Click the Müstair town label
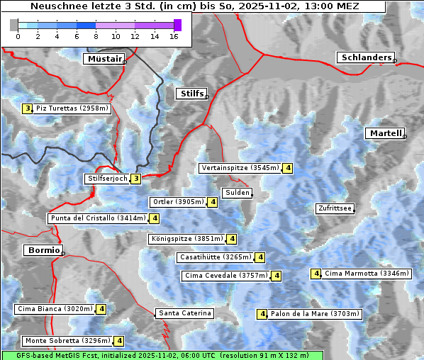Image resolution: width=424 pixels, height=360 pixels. pos(104,59)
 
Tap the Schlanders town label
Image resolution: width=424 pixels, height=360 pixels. pos(365,58)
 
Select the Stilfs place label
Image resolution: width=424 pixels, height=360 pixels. pos(191,94)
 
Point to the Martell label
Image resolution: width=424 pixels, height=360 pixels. pos(385,133)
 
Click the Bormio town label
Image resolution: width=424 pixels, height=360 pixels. pos(43,250)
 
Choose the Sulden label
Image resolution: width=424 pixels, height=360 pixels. pos(237,193)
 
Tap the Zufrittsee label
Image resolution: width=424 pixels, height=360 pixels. pos(335,208)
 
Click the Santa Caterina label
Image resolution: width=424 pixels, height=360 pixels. pos(184,313)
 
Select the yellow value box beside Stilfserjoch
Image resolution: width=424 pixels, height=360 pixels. pos(135,179)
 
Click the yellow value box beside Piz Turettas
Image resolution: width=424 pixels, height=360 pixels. pos(28,108)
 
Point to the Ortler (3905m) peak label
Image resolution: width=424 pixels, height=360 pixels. pos(178,202)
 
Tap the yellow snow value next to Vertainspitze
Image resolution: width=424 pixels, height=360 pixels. pos(288,168)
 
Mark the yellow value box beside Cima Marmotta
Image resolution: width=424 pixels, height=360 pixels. pos(316,274)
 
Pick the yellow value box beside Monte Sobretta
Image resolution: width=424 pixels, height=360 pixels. pos(119,341)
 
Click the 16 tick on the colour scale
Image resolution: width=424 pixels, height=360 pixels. pos(174,36)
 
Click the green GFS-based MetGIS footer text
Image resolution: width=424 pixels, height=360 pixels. pos(162,355)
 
